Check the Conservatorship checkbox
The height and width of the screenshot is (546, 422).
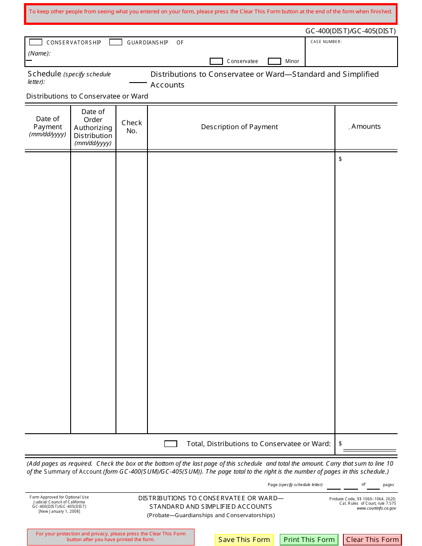pos(36,42)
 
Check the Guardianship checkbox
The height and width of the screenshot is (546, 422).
pos(115,42)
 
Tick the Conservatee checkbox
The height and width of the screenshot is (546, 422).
pos(216,61)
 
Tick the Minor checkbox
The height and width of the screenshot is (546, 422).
pos(275,61)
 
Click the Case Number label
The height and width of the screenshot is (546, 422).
pos(326,42)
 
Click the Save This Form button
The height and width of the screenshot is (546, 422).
pos(244,539)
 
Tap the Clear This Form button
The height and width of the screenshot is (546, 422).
pos(372,539)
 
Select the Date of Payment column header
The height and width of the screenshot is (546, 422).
pos(48,127)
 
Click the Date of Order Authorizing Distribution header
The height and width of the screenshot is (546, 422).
pos(93,127)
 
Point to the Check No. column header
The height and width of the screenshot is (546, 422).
pos(132,127)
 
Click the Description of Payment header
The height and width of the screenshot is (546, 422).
pos(239,127)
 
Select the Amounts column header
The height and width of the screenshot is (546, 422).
pos(366,127)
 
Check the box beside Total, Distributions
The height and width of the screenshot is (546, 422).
pos(171,444)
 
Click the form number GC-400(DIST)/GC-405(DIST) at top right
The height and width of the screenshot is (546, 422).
pos(350,31)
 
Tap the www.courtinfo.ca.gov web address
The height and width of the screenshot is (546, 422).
pos(376,508)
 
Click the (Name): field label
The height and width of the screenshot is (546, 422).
pos(40,53)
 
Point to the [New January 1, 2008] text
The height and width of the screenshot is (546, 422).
pos(59,511)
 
